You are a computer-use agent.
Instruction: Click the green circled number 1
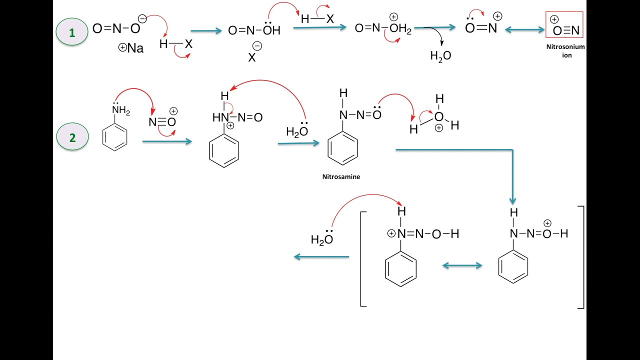tap(72, 32)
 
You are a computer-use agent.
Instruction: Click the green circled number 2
tap(72, 137)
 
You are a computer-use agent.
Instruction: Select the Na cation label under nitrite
tap(131, 48)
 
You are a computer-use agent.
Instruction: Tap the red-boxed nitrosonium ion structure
tap(564, 25)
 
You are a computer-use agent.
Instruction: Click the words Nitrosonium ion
tap(565, 51)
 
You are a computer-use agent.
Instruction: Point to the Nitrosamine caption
tap(341, 176)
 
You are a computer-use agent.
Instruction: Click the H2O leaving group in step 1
tap(440, 56)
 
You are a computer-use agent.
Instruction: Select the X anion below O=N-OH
tap(252, 56)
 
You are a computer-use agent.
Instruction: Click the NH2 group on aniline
tap(120, 111)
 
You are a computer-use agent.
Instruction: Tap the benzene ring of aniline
tap(115, 137)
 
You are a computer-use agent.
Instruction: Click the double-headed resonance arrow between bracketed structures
tap(462, 266)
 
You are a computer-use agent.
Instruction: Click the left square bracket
tap(363, 258)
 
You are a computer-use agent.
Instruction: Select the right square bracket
tap(581, 257)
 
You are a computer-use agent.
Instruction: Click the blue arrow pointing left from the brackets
tap(321, 257)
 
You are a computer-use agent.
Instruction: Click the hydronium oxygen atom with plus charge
tap(438, 117)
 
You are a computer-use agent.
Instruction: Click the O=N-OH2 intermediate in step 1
tap(383, 29)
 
